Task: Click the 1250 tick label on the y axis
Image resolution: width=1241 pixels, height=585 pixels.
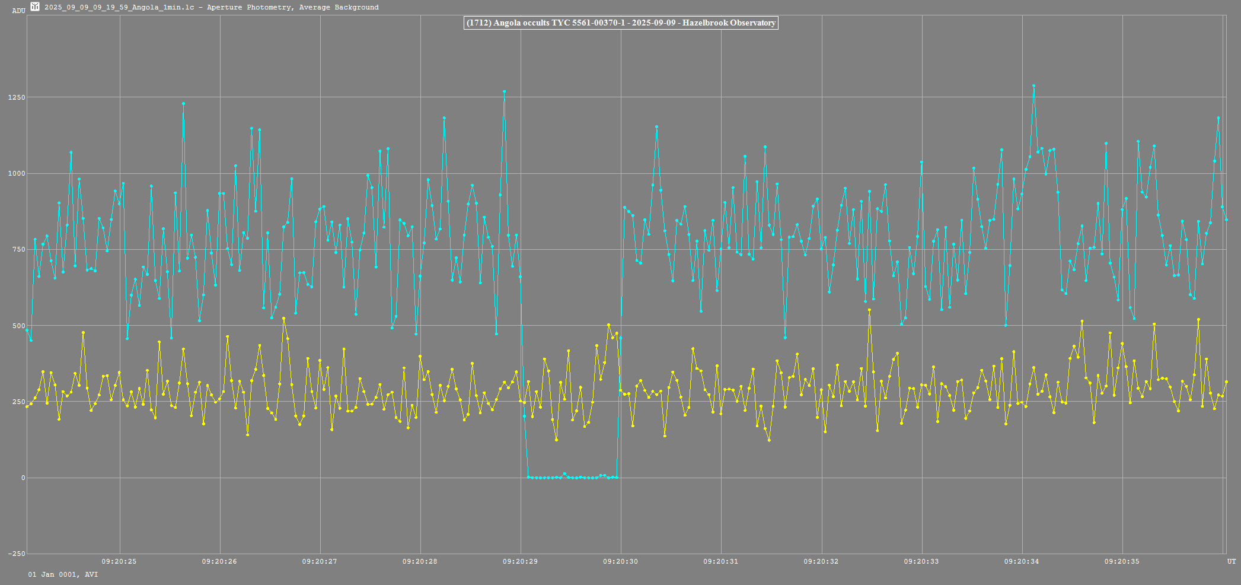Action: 16,97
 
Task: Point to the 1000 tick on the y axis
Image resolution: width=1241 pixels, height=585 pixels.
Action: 16,173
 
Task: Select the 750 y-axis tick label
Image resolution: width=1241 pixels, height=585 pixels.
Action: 18,249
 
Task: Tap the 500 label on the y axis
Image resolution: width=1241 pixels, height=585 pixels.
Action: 18,326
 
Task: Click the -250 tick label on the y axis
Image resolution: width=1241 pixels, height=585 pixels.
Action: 16,554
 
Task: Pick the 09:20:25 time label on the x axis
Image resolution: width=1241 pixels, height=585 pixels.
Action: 119,561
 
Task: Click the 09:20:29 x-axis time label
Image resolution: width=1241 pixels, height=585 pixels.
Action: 521,561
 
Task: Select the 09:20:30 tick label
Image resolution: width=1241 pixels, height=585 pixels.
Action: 621,561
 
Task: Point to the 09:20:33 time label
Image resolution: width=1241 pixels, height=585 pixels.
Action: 921,561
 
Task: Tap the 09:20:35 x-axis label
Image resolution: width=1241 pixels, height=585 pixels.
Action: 1122,561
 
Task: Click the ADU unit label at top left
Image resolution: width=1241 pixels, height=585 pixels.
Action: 18,11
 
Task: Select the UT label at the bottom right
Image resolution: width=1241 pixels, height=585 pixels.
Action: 1232,561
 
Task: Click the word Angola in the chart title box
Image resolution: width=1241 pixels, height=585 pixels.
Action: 506,23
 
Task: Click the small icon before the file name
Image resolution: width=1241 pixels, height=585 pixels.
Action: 35,7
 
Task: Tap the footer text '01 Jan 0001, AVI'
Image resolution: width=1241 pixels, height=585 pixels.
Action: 63,574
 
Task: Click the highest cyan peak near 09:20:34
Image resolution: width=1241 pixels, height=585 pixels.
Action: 1033,85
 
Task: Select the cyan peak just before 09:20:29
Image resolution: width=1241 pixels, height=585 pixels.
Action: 504,91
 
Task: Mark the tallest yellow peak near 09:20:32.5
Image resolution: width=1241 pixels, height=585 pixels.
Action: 869,310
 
